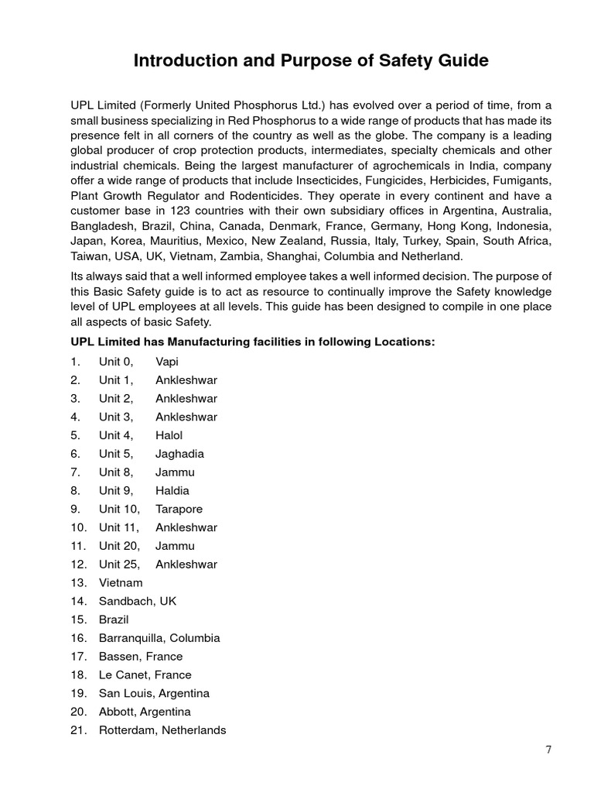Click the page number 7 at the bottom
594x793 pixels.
[548, 749]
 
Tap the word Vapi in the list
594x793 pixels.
[168, 362]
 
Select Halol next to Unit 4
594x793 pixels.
[169, 435]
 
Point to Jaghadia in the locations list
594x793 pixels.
[179, 454]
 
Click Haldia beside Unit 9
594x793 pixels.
[172, 490]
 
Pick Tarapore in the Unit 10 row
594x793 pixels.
[179, 509]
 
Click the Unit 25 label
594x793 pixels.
[119, 565]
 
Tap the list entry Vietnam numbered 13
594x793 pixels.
[121, 582]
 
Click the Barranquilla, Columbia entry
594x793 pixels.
[159, 638]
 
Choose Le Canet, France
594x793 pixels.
[145, 675]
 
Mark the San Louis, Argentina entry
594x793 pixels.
[154, 693]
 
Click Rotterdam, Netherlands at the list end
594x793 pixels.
[162, 730]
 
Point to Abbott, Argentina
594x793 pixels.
[145, 712]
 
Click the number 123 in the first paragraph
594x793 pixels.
[189, 211]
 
